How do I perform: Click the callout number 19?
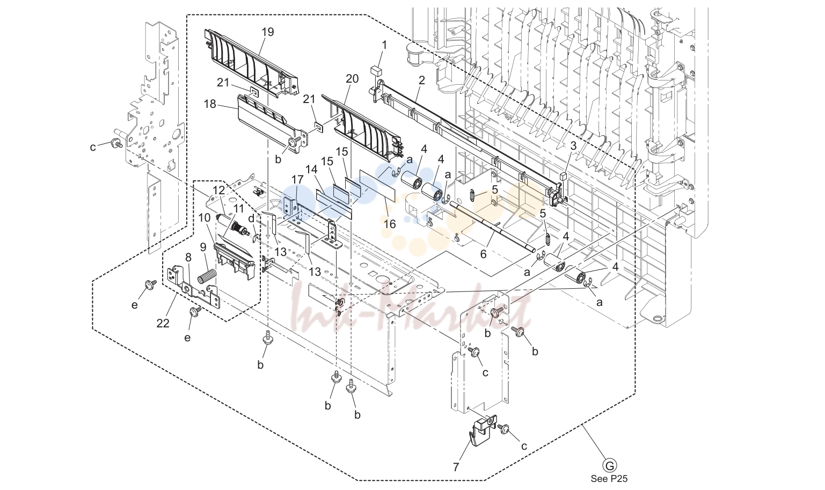[268, 32]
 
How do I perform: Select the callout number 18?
[210, 104]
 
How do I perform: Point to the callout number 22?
[163, 323]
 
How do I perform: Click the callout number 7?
[456, 467]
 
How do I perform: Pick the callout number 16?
[390, 224]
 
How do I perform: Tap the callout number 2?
[422, 81]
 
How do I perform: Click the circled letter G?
[610, 466]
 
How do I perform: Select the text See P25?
[609, 479]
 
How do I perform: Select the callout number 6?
[484, 254]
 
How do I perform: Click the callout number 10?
[205, 218]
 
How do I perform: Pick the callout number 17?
[297, 180]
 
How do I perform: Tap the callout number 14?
[311, 169]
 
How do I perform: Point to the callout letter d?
[251, 218]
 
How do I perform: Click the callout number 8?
[188, 257]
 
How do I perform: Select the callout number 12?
[219, 191]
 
